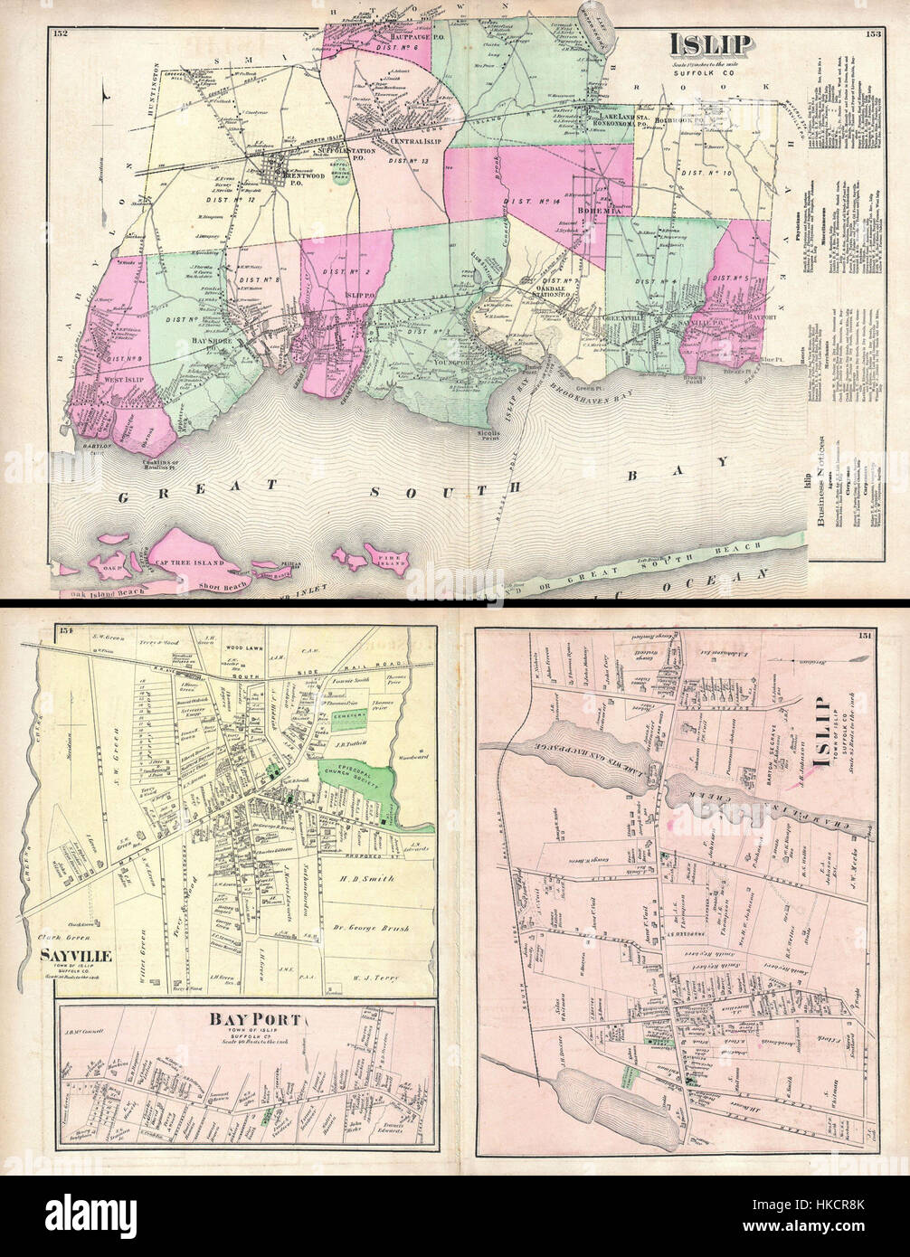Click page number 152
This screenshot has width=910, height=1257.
62,33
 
